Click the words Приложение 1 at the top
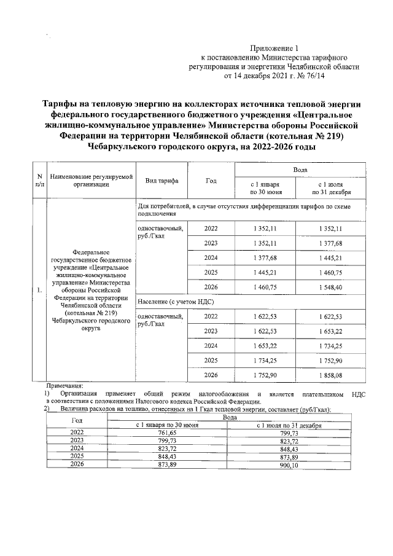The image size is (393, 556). (274, 48)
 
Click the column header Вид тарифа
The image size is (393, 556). (161, 181)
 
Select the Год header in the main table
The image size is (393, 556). (211, 181)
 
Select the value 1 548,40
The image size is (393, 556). (330, 287)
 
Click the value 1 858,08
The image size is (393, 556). (330, 375)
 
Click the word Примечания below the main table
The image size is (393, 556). (64, 385)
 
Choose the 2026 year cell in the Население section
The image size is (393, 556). (211, 375)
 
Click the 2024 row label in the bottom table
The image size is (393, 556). (77, 449)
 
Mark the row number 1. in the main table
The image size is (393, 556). (40, 291)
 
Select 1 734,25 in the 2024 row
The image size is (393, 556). (330, 345)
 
